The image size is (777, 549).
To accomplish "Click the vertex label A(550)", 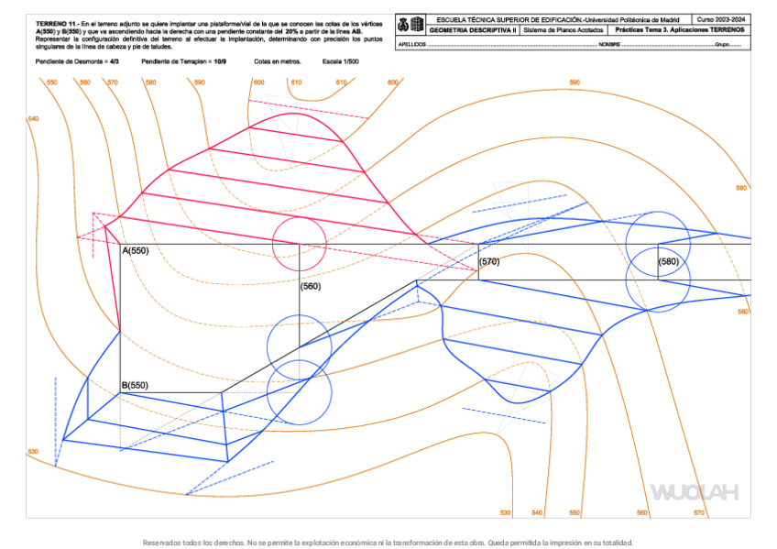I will [x=135, y=250].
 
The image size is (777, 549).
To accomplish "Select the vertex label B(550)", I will [x=134, y=385].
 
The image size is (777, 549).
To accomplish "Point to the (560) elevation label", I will [x=311, y=286].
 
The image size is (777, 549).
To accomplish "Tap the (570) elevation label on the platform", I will [x=490, y=261].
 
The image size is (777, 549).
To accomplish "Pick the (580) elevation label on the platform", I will [x=669, y=261].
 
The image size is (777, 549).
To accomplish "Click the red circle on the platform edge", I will [x=299, y=244].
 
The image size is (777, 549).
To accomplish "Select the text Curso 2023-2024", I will [x=720, y=19].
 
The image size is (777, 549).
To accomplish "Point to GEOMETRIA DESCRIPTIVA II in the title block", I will [x=473, y=30].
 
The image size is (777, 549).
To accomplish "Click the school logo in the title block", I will [x=410, y=25].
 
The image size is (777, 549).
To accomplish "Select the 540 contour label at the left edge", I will [x=34, y=119].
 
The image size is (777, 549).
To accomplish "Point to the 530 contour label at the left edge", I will [x=33, y=451].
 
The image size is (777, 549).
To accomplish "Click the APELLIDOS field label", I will [x=413, y=44].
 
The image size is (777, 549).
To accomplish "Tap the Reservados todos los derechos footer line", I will [x=388, y=542].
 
